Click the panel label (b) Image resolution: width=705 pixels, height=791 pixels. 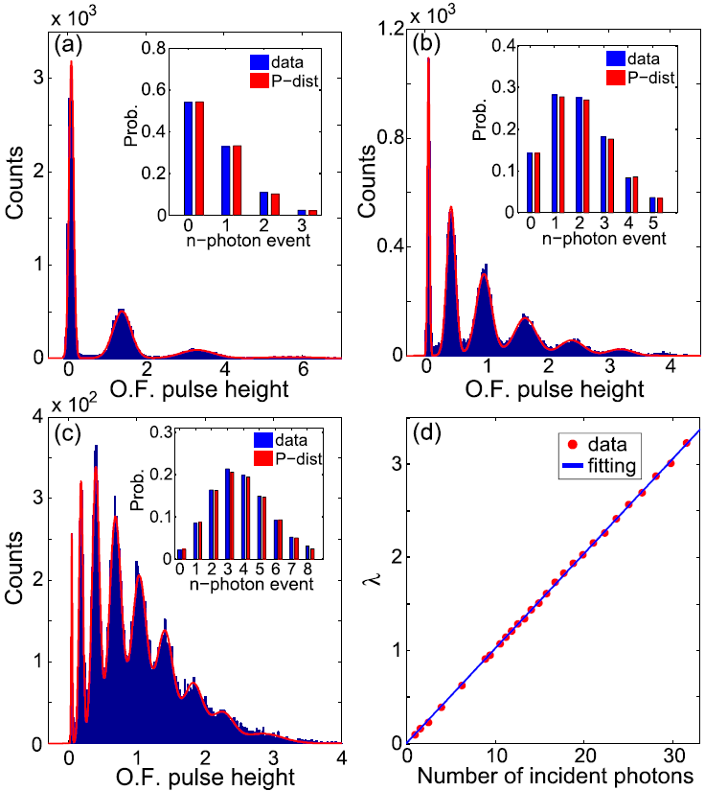(x=425, y=44)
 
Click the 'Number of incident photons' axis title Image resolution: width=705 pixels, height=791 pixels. (x=557, y=774)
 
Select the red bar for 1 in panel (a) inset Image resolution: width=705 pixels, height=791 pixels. (x=236, y=180)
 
